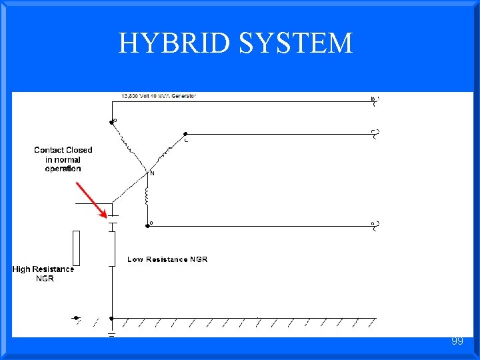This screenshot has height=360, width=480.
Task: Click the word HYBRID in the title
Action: (x=174, y=43)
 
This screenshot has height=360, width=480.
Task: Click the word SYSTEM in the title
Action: (x=295, y=43)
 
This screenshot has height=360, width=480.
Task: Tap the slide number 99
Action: (x=457, y=341)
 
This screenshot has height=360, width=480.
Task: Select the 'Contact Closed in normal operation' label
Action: (x=63, y=159)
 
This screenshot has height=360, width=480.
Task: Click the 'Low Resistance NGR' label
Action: (x=167, y=259)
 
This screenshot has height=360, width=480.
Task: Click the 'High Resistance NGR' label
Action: (x=43, y=273)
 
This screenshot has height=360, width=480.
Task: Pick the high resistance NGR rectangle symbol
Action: (x=77, y=247)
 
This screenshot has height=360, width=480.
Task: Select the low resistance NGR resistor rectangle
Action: (x=112, y=247)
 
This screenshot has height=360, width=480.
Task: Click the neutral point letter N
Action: (x=152, y=173)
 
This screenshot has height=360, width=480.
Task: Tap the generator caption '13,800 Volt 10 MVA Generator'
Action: (x=159, y=96)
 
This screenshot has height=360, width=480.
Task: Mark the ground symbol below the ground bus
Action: (x=111, y=333)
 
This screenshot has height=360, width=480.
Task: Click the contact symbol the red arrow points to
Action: (x=112, y=219)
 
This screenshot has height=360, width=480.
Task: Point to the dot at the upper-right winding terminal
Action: (x=185, y=133)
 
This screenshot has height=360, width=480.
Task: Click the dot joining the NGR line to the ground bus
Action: (x=111, y=318)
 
